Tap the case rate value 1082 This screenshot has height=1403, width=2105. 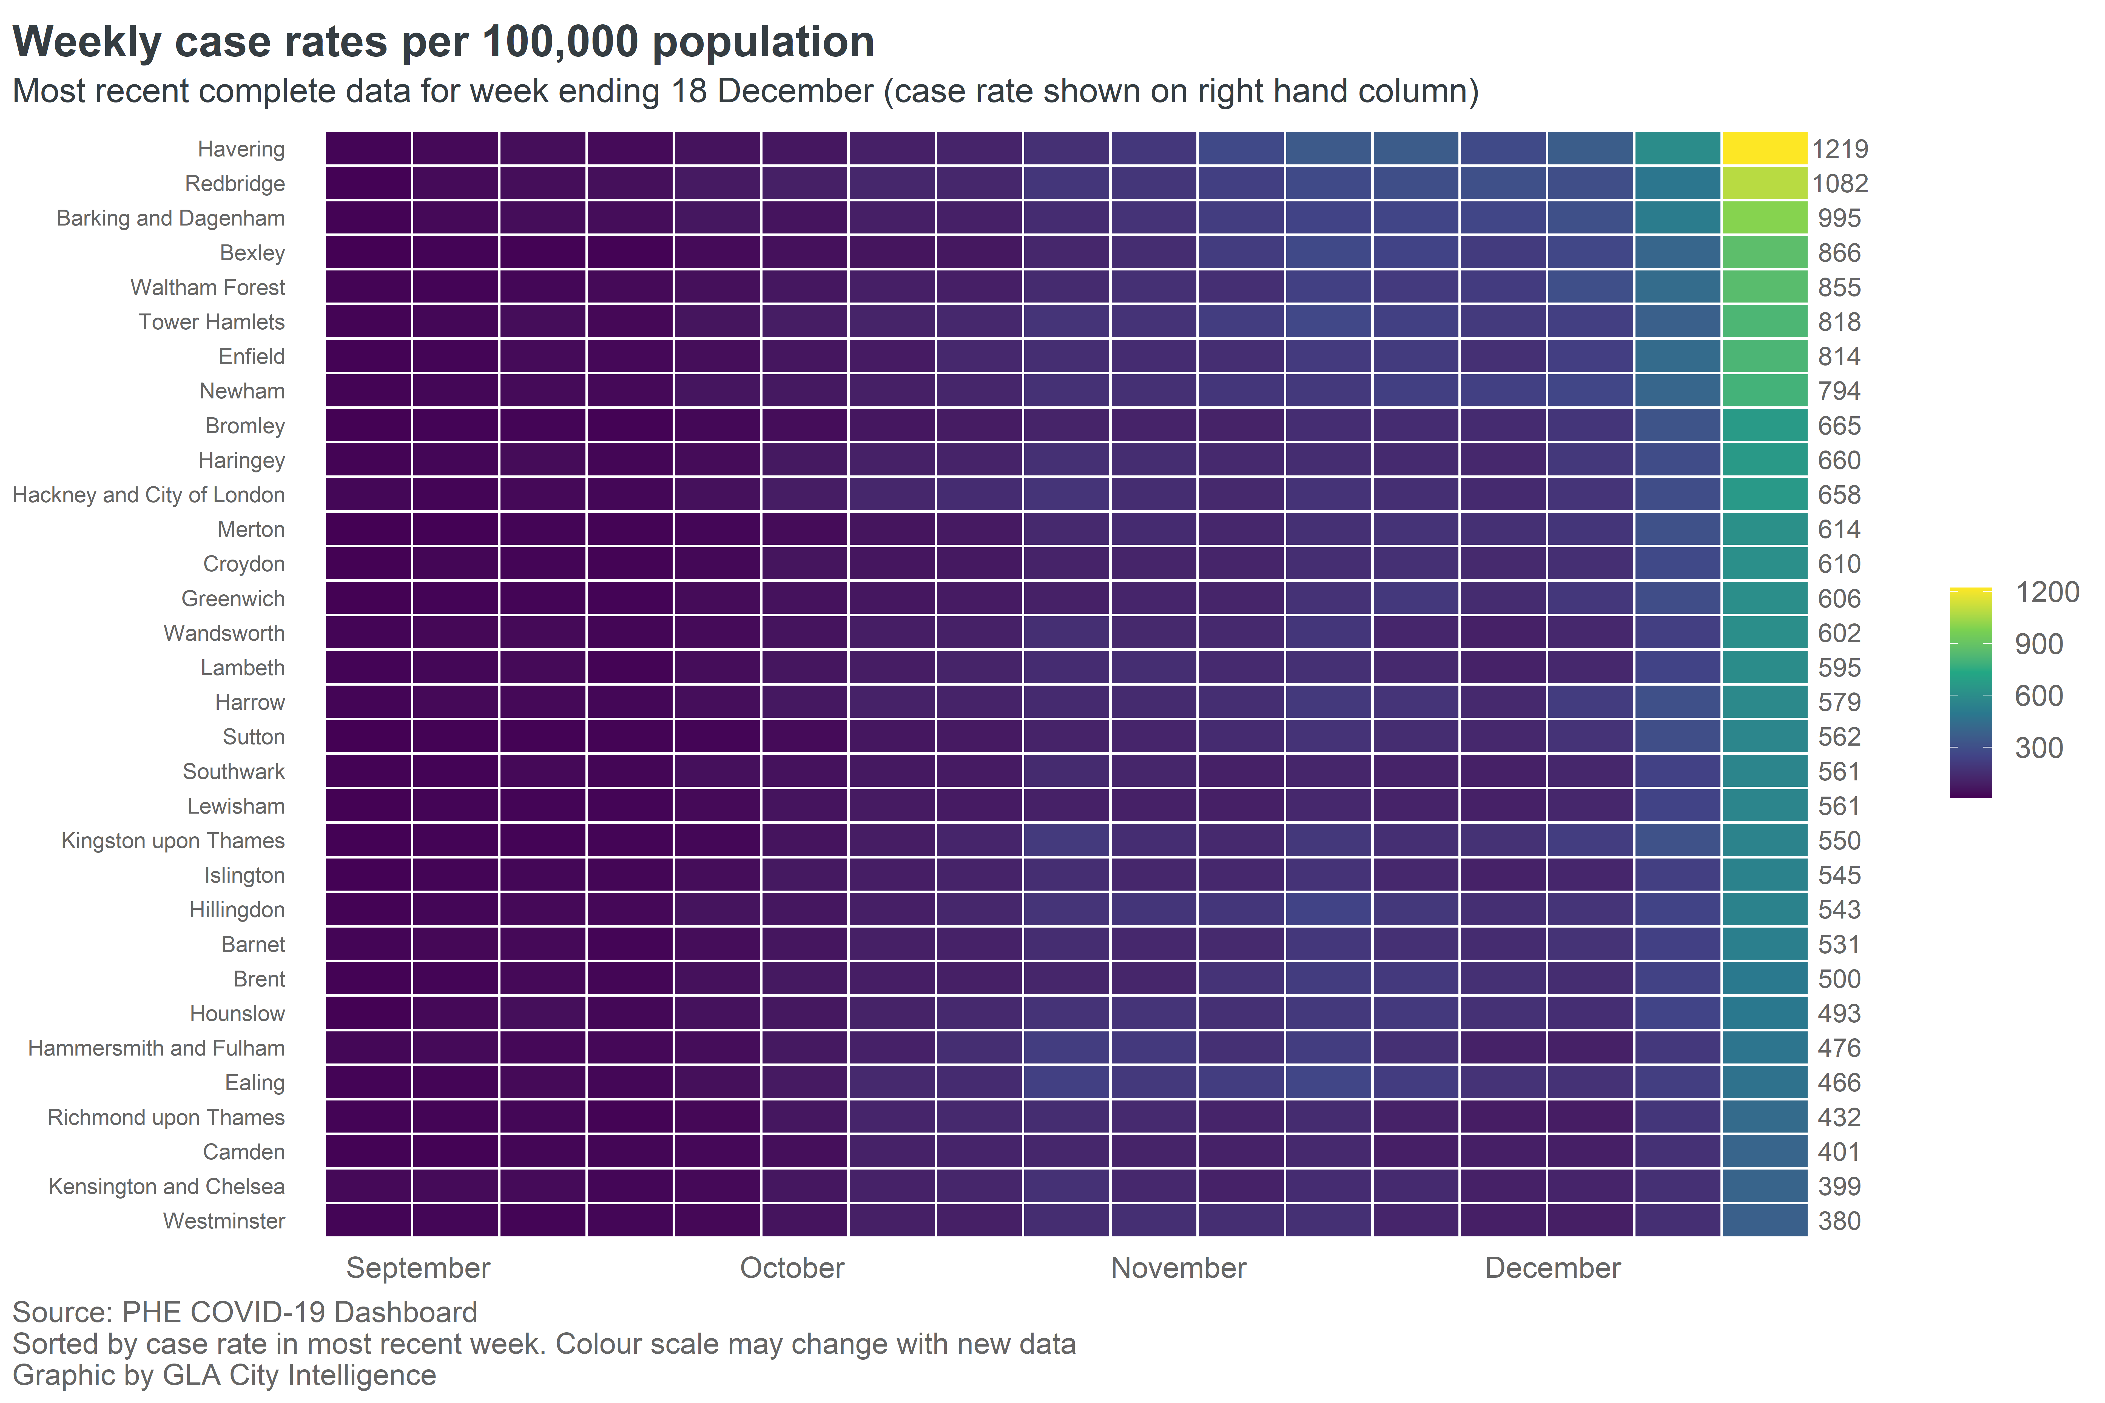1840,183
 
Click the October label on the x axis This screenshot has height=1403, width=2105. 792,1268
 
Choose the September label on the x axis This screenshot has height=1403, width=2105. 418,1268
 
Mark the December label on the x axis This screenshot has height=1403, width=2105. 1553,1268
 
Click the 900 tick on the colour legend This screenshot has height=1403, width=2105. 2039,644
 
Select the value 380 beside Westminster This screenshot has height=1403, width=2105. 1839,1221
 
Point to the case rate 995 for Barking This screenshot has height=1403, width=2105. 1839,218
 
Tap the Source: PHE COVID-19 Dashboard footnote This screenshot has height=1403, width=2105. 244,1313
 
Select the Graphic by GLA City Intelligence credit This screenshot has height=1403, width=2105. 224,1375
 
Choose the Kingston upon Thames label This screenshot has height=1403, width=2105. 173,841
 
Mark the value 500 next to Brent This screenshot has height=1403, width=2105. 1839,979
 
